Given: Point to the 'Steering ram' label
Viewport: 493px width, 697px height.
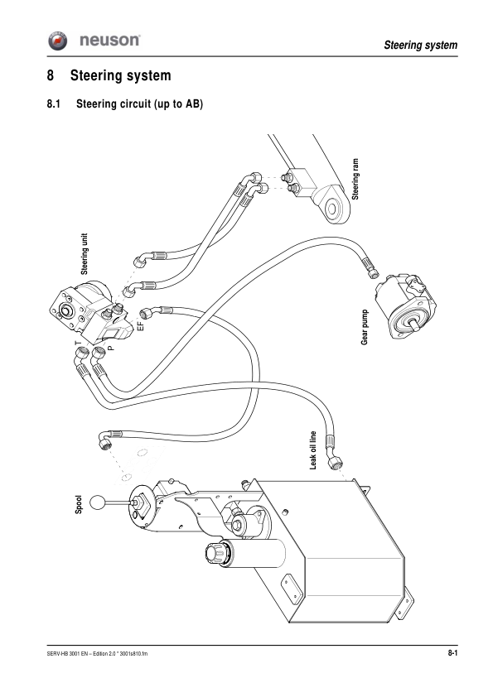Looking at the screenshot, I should point(355,176).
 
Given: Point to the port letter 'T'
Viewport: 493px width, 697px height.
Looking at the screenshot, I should point(77,342).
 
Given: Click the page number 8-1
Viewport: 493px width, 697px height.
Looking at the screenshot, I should point(452,655).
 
